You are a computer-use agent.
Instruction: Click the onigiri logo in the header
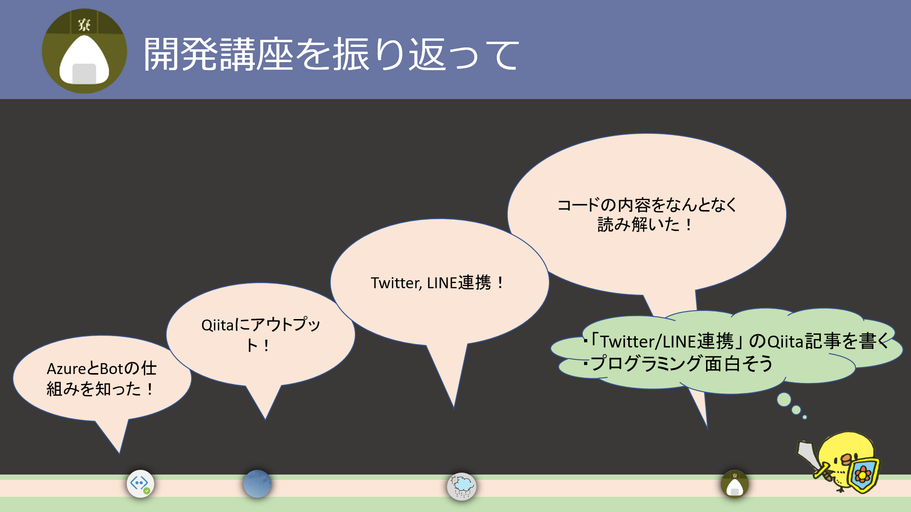click(x=84, y=51)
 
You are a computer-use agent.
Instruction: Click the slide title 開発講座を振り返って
click(x=331, y=55)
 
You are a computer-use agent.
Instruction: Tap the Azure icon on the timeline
click(x=140, y=484)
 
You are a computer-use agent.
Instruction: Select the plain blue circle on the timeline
click(x=257, y=484)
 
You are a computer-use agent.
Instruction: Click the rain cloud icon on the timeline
click(x=461, y=486)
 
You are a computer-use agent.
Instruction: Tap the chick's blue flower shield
click(x=863, y=475)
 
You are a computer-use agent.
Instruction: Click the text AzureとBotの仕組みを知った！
click(x=101, y=378)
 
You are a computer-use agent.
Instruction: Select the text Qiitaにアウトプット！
click(x=260, y=335)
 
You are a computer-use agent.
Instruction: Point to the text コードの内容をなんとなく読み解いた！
click(x=646, y=214)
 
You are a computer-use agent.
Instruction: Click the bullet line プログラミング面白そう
click(x=681, y=364)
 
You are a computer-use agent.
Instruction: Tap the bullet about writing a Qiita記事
click(x=738, y=341)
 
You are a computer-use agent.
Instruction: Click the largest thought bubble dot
click(x=784, y=400)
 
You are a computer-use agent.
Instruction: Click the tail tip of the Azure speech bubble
click(x=120, y=453)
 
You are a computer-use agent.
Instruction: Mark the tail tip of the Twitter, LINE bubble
click(x=454, y=407)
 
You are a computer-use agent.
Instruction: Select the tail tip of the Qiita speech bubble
click(x=265, y=419)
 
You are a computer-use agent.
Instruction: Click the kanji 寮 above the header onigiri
click(x=84, y=24)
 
